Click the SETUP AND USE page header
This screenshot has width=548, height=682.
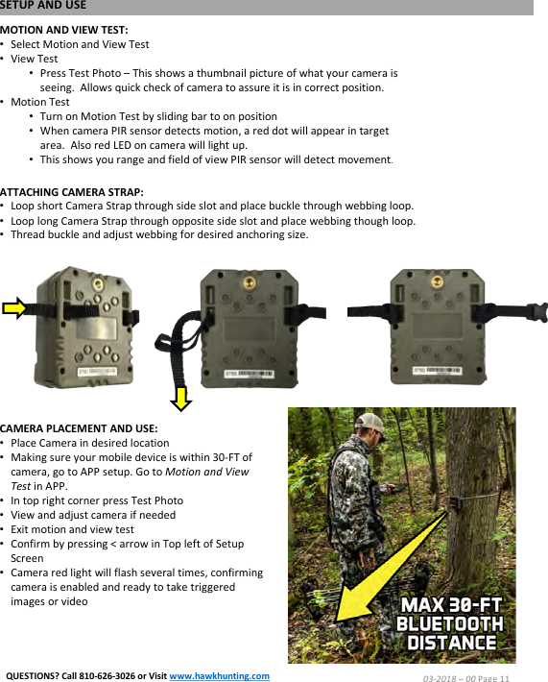click(x=43, y=6)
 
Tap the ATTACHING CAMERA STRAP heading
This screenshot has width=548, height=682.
click(x=72, y=192)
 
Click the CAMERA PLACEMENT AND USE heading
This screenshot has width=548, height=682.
click(x=79, y=428)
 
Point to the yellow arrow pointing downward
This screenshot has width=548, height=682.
click(x=180, y=395)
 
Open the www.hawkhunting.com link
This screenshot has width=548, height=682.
click(x=219, y=675)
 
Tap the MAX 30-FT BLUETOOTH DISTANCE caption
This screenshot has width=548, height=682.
click(x=450, y=624)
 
